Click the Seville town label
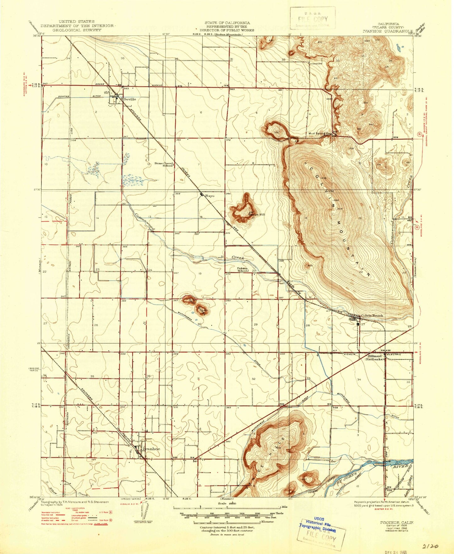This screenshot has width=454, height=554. pyautogui.click(x=130, y=99)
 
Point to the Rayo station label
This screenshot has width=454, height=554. pyautogui.click(x=210, y=195)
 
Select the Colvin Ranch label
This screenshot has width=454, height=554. pyautogui.click(x=372, y=316)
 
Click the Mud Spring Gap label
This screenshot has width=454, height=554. pyautogui.click(x=320, y=133)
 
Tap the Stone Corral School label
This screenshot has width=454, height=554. pyautogui.click(x=164, y=164)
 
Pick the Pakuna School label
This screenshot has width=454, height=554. pyautogui.click(x=242, y=269)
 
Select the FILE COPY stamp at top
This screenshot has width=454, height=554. pyautogui.click(x=313, y=19)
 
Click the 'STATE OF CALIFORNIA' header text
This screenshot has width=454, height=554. pyautogui.click(x=227, y=23)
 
